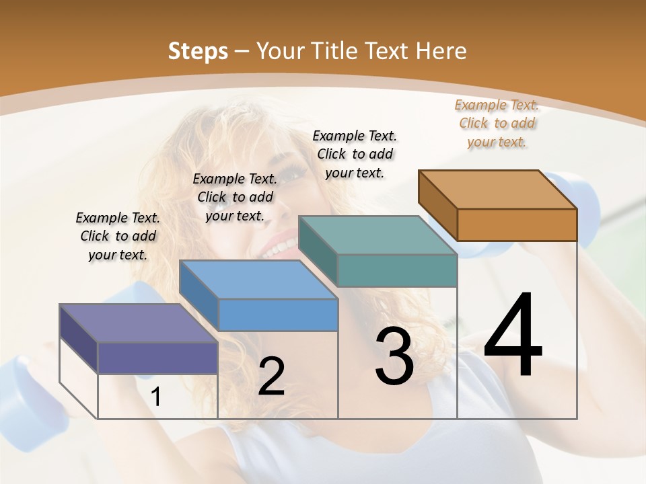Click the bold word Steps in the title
click(x=198, y=51)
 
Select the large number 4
click(x=513, y=336)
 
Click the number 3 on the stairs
click(x=394, y=356)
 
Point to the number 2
click(x=271, y=376)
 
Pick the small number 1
click(x=156, y=397)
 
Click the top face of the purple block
click(x=138, y=323)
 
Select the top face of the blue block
click(x=258, y=279)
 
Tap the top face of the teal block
click(x=377, y=235)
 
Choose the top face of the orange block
click(x=498, y=190)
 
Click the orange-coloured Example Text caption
click(x=497, y=123)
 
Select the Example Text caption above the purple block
click(x=118, y=236)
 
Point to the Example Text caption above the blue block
click(x=235, y=197)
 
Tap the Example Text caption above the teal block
click(x=355, y=154)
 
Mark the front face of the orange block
click(x=517, y=225)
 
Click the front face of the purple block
click(x=157, y=358)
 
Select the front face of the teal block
click(x=397, y=270)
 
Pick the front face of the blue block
click(x=278, y=315)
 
